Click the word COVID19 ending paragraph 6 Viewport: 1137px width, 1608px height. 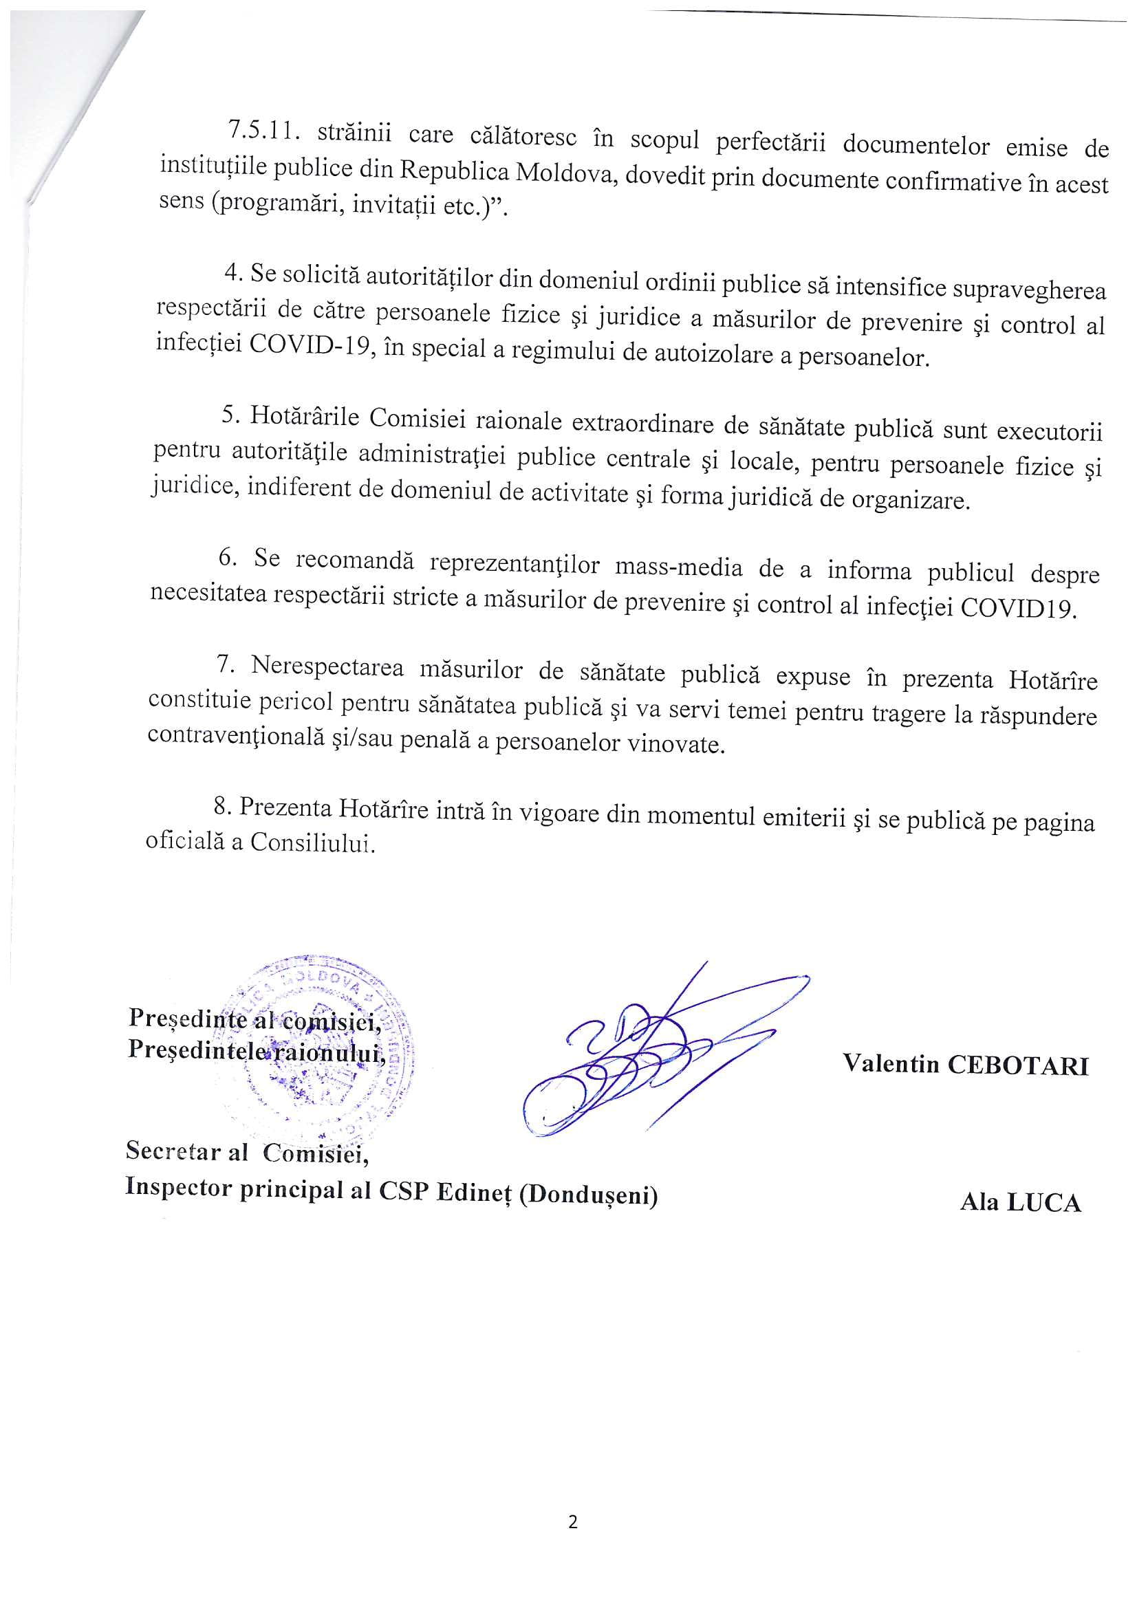1017,607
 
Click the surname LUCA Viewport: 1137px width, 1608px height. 1043,1202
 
